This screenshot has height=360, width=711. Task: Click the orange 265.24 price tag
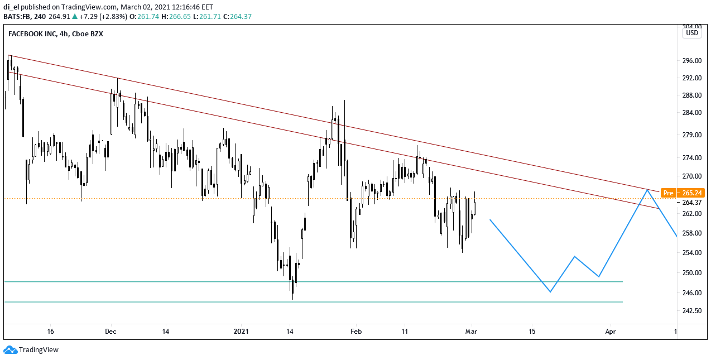(x=692, y=193)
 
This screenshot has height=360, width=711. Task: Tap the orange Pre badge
(x=668, y=193)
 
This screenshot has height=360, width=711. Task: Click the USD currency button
(x=692, y=33)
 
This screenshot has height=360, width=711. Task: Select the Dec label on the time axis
(x=111, y=331)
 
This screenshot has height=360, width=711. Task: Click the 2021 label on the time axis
(x=241, y=331)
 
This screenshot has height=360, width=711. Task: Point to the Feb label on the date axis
(x=356, y=331)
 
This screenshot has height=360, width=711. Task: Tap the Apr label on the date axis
(x=611, y=331)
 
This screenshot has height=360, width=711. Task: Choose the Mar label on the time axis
(x=472, y=331)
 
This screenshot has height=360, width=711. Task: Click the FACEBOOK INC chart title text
(x=33, y=33)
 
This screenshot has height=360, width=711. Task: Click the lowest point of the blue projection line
(x=550, y=292)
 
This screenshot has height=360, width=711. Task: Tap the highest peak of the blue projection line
(x=647, y=190)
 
